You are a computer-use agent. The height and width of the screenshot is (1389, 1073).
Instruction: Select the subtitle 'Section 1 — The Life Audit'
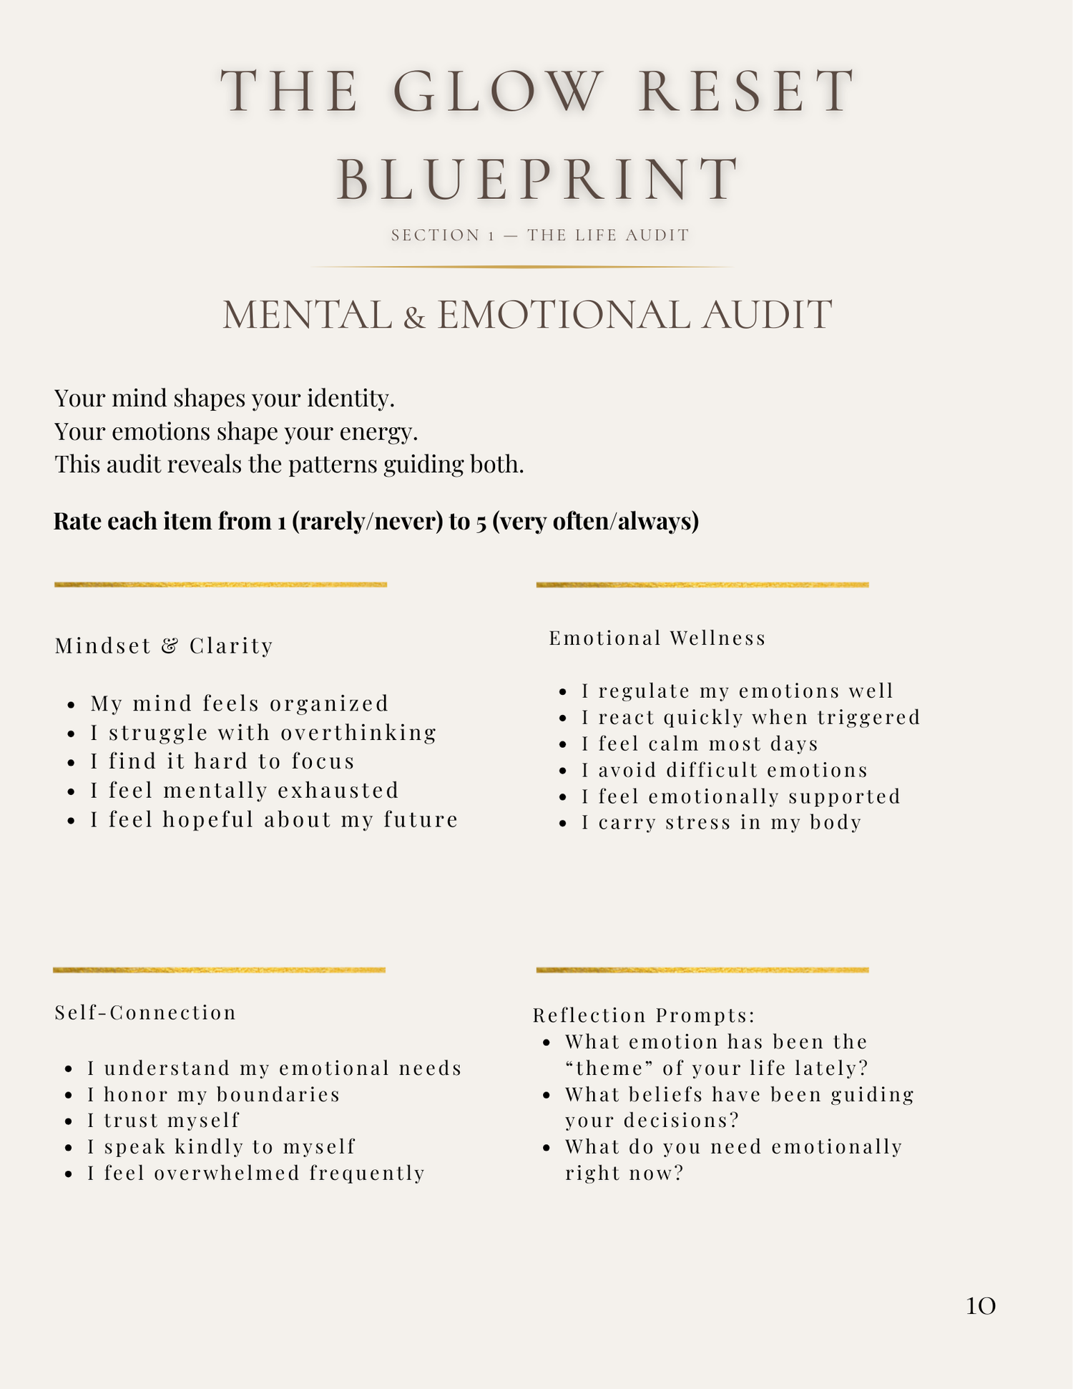point(540,235)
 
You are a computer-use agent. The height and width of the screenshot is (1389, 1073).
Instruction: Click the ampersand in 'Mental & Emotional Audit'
point(414,317)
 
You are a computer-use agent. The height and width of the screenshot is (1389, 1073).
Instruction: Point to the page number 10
point(980,1306)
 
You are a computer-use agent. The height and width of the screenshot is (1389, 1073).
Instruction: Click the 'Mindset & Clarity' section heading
point(164,646)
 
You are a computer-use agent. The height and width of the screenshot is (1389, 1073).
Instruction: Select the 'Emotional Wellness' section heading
point(657,638)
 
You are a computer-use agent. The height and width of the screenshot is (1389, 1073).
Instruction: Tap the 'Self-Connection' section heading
point(145,1013)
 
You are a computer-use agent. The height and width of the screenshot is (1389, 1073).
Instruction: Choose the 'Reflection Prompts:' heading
point(645,1015)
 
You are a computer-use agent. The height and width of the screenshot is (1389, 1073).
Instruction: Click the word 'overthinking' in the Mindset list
point(358,733)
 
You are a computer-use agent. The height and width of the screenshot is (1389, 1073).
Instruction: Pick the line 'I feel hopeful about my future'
point(274,819)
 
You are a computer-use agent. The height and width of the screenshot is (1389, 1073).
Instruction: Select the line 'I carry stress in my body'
point(721,822)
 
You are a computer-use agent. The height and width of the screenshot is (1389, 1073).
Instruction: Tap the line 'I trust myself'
point(164,1120)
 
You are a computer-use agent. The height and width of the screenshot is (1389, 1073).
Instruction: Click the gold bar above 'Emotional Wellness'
point(702,585)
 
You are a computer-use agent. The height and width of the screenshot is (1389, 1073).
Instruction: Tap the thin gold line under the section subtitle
point(521,267)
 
